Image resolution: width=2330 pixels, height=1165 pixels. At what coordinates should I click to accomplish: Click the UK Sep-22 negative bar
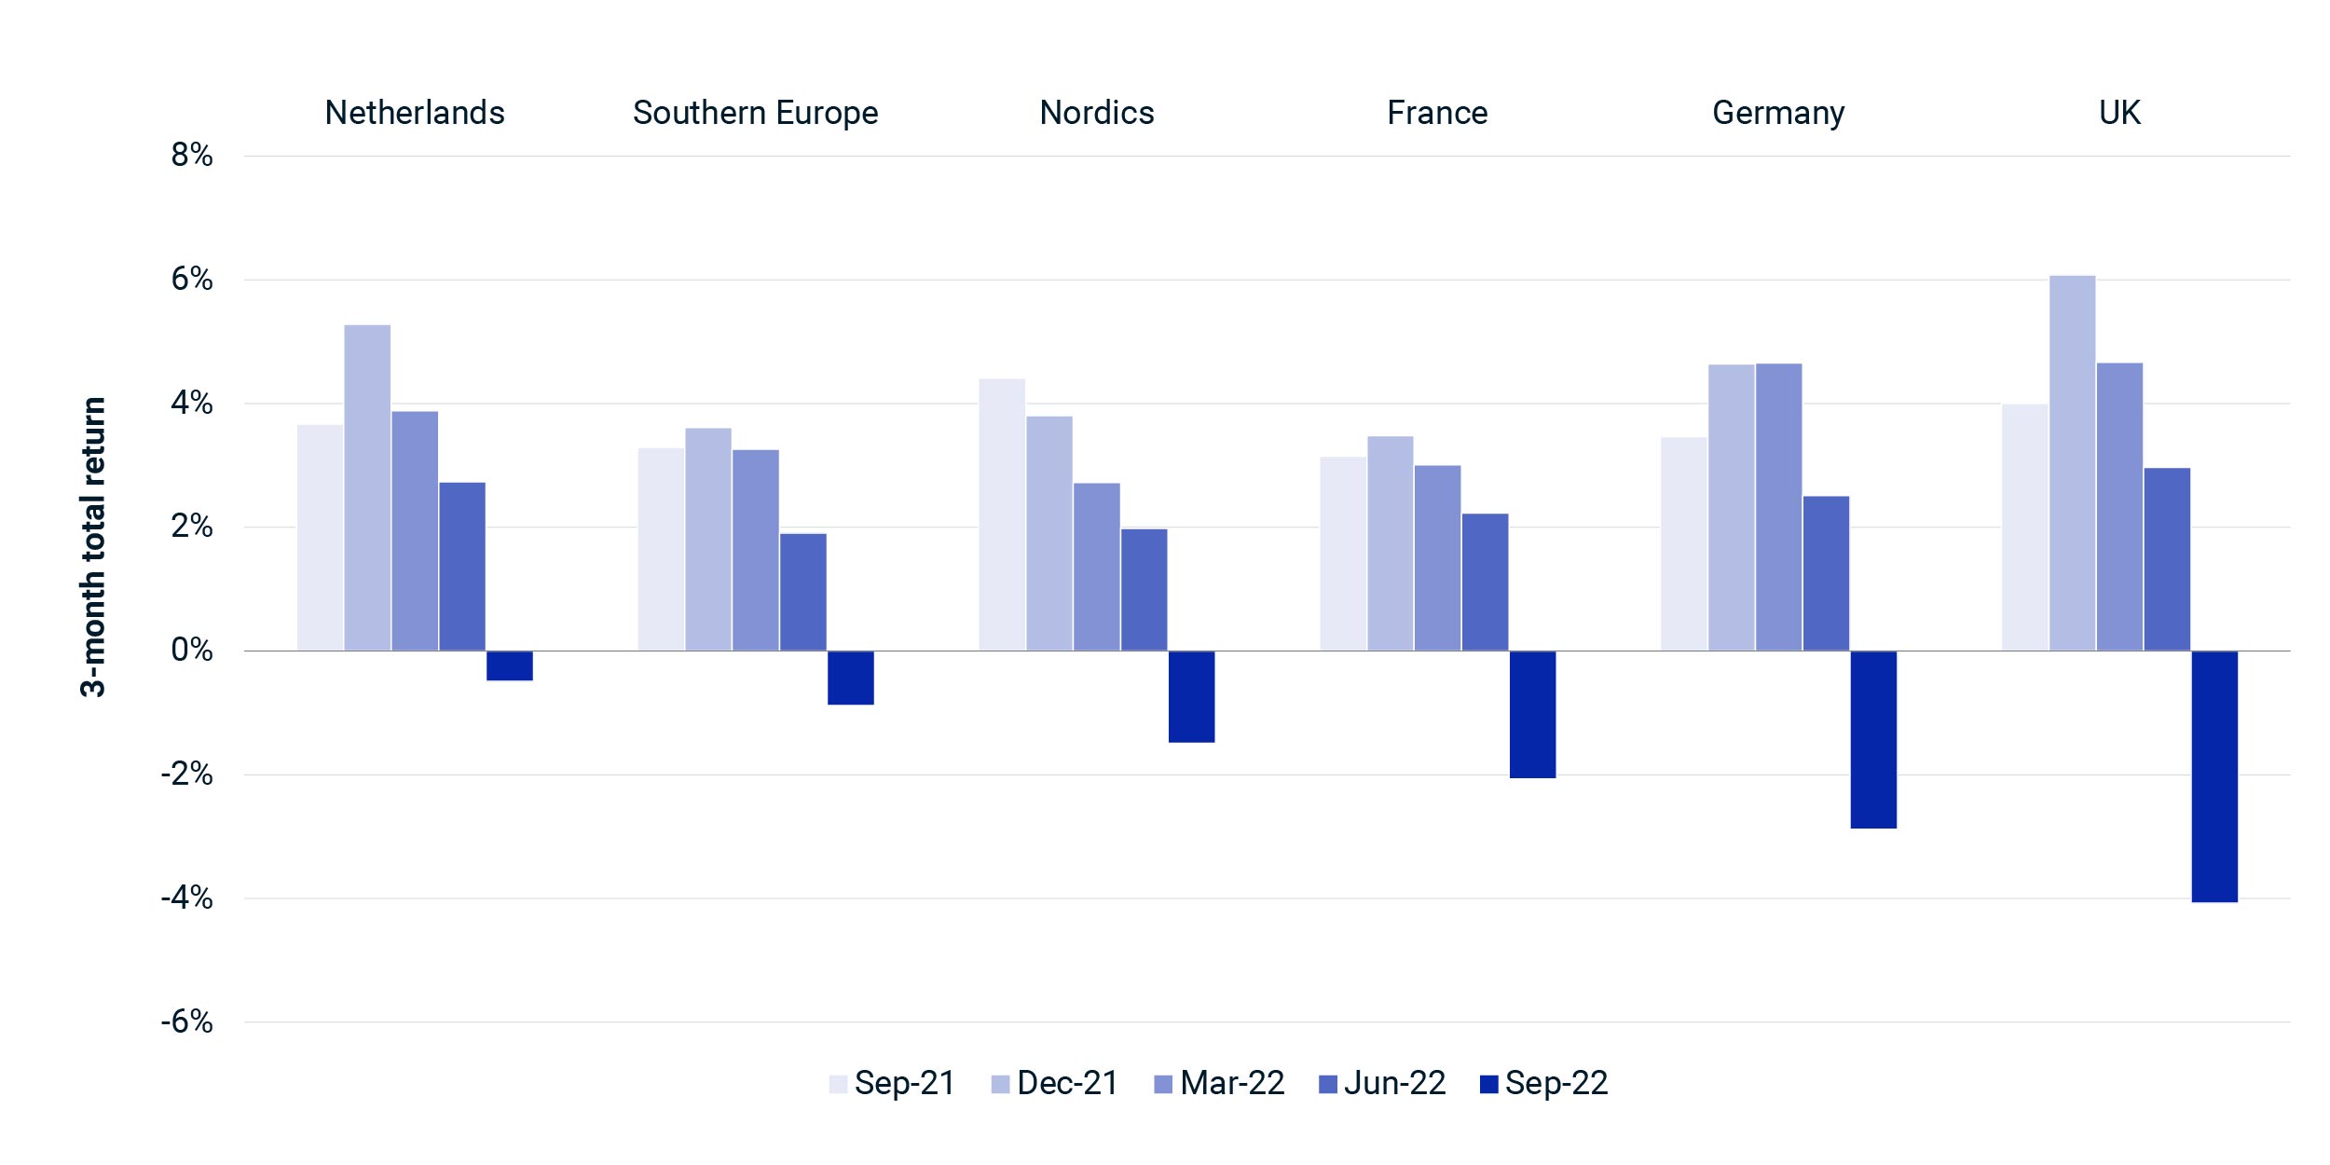[2214, 776]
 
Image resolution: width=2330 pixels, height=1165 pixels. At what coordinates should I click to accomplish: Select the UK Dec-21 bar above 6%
[2072, 463]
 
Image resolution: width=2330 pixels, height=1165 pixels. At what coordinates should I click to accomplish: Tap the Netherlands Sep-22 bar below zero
[510, 665]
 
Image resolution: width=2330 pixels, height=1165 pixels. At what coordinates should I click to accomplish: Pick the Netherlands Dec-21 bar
[367, 487]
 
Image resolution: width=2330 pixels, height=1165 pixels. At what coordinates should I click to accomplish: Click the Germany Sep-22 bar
[1873, 739]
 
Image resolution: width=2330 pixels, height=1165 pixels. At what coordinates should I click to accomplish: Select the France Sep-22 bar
[1532, 714]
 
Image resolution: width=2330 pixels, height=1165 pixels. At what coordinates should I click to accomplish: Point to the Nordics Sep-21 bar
[1002, 514]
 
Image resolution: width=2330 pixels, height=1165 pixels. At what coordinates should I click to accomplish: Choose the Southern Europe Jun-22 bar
[803, 592]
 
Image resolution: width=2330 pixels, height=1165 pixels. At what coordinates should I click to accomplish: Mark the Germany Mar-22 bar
[1778, 507]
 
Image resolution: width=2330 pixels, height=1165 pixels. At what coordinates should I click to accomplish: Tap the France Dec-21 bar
[1391, 543]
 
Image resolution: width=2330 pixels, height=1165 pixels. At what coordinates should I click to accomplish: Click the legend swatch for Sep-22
[1488, 1084]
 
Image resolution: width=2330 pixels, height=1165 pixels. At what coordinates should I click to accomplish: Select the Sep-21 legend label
[905, 1083]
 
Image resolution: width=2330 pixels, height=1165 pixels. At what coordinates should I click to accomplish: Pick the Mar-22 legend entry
[1219, 1083]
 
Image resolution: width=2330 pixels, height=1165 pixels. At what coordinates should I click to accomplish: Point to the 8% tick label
[192, 156]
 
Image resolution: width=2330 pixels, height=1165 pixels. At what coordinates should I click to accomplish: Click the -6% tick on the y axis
[187, 1021]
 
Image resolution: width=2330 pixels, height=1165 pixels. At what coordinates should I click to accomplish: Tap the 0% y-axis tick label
[192, 650]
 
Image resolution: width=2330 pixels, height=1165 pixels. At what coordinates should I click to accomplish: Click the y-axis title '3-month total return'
[93, 547]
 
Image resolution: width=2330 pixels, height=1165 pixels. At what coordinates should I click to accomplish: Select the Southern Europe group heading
[756, 113]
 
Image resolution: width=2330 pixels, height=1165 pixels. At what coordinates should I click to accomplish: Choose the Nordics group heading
[1097, 113]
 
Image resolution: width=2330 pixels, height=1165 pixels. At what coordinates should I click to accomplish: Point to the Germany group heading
[1778, 114]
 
